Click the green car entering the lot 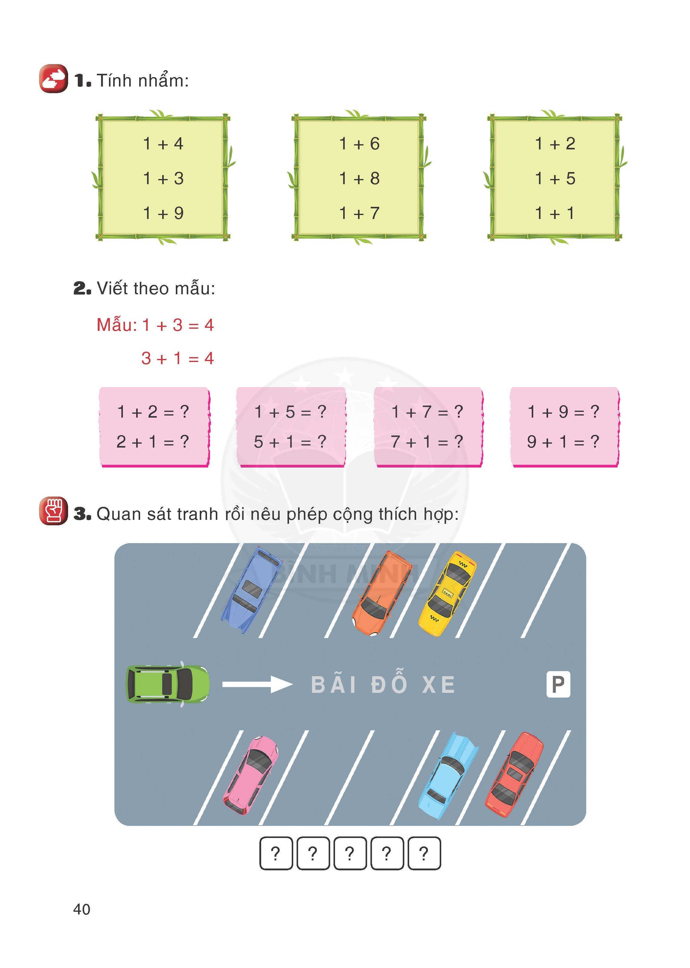coord(167,683)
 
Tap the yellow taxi coord(447,593)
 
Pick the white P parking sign coord(558,684)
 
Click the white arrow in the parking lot coord(257,684)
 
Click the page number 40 coord(82,909)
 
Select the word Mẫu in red coord(116,325)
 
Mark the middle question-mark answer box coord(350,853)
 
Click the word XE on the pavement coord(439,685)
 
